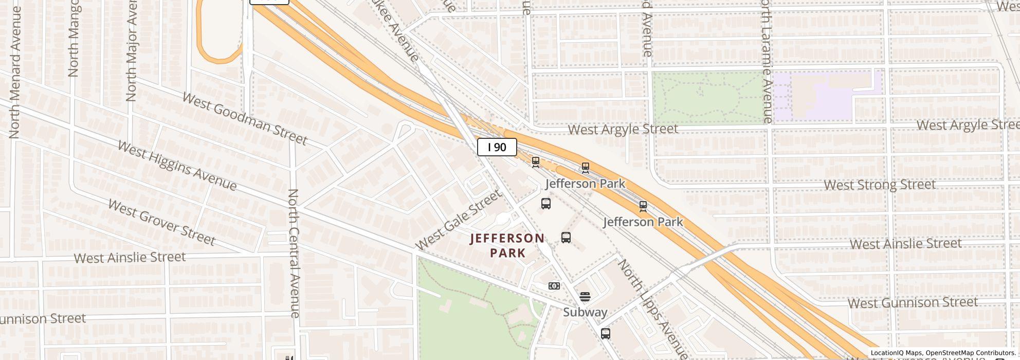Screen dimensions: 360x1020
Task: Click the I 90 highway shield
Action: [497, 148]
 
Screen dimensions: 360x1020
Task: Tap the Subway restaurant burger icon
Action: [585, 297]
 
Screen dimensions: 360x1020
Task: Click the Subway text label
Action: [585, 312]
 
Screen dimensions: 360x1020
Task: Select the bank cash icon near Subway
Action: [554, 286]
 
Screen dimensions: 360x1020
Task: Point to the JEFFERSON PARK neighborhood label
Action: [507, 245]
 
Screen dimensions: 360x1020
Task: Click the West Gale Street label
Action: [458, 220]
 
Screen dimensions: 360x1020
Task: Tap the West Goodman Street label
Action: [244, 119]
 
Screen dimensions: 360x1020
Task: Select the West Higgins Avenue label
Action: [177, 166]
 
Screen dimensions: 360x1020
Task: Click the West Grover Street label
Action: [161, 222]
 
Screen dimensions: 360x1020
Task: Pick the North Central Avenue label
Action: [294, 253]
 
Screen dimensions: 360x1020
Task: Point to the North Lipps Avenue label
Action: [652, 309]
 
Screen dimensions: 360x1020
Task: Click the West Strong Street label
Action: [879, 185]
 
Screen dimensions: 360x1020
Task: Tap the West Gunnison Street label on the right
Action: [912, 302]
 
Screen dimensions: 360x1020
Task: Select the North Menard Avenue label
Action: [14, 72]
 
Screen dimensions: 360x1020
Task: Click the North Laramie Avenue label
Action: [767, 62]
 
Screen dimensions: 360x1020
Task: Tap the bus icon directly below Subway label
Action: [606, 334]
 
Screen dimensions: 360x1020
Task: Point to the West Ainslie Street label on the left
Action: [130, 257]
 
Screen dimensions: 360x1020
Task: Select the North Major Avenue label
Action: [131, 51]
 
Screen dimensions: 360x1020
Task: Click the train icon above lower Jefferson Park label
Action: [643, 207]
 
